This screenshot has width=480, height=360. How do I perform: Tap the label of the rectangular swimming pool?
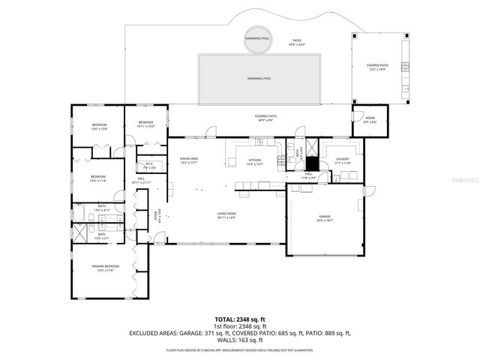click(259, 78)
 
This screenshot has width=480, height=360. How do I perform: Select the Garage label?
click(324, 217)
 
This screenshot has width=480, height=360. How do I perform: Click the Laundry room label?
click(343, 160)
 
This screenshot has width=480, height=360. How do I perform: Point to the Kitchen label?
click(255, 160)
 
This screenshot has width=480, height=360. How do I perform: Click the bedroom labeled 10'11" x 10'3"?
click(145, 124)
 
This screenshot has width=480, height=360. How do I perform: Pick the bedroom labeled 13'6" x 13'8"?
click(100, 126)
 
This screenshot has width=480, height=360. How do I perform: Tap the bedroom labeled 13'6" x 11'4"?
click(100, 178)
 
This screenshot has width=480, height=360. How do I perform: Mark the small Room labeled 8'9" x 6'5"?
click(370, 119)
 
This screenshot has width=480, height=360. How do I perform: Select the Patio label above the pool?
click(297, 42)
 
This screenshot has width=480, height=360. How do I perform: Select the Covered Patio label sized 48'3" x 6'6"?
click(265, 118)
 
